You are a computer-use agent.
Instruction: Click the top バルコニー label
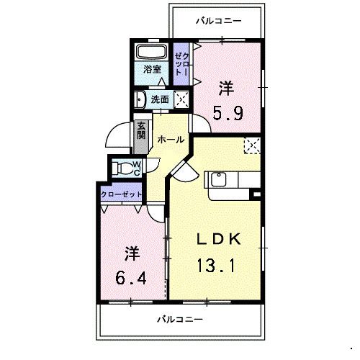[219, 20]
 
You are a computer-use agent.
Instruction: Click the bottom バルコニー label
[180, 318]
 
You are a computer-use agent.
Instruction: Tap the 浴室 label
[151, 70]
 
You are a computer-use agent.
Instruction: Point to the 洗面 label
[161, 99]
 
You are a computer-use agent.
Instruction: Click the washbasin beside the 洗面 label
[140, 100]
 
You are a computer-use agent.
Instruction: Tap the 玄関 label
[141, 130]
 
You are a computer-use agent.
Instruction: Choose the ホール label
[170, 139]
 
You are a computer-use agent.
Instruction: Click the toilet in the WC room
[128, 169]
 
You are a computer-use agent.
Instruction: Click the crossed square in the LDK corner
[252, 146]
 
